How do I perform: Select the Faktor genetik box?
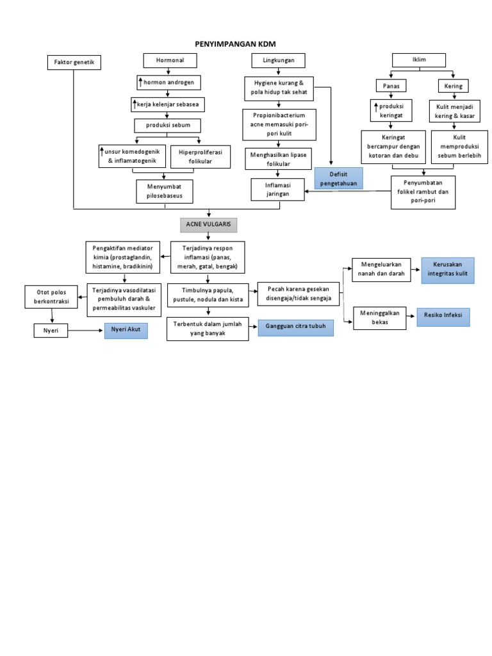click(x=74, y=63)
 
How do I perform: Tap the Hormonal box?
click(x=169, y=61)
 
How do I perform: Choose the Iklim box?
click(x=418, y=60)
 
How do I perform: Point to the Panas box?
click(x=391, y=86)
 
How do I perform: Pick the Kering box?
click(x=453, y=86)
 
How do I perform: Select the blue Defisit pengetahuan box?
click(x=338, y=178)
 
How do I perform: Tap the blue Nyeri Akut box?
click(x=126, y=331)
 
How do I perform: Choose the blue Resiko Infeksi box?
click(x=443, y=317)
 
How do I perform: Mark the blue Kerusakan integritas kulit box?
click(x=447, y=270)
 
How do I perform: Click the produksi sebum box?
click(x=167, y=126)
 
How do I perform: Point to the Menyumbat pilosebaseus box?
click(x=165, y=191)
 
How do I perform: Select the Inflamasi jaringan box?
click(x=277, y=190)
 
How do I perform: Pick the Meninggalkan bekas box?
click(x=379, y=318)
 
